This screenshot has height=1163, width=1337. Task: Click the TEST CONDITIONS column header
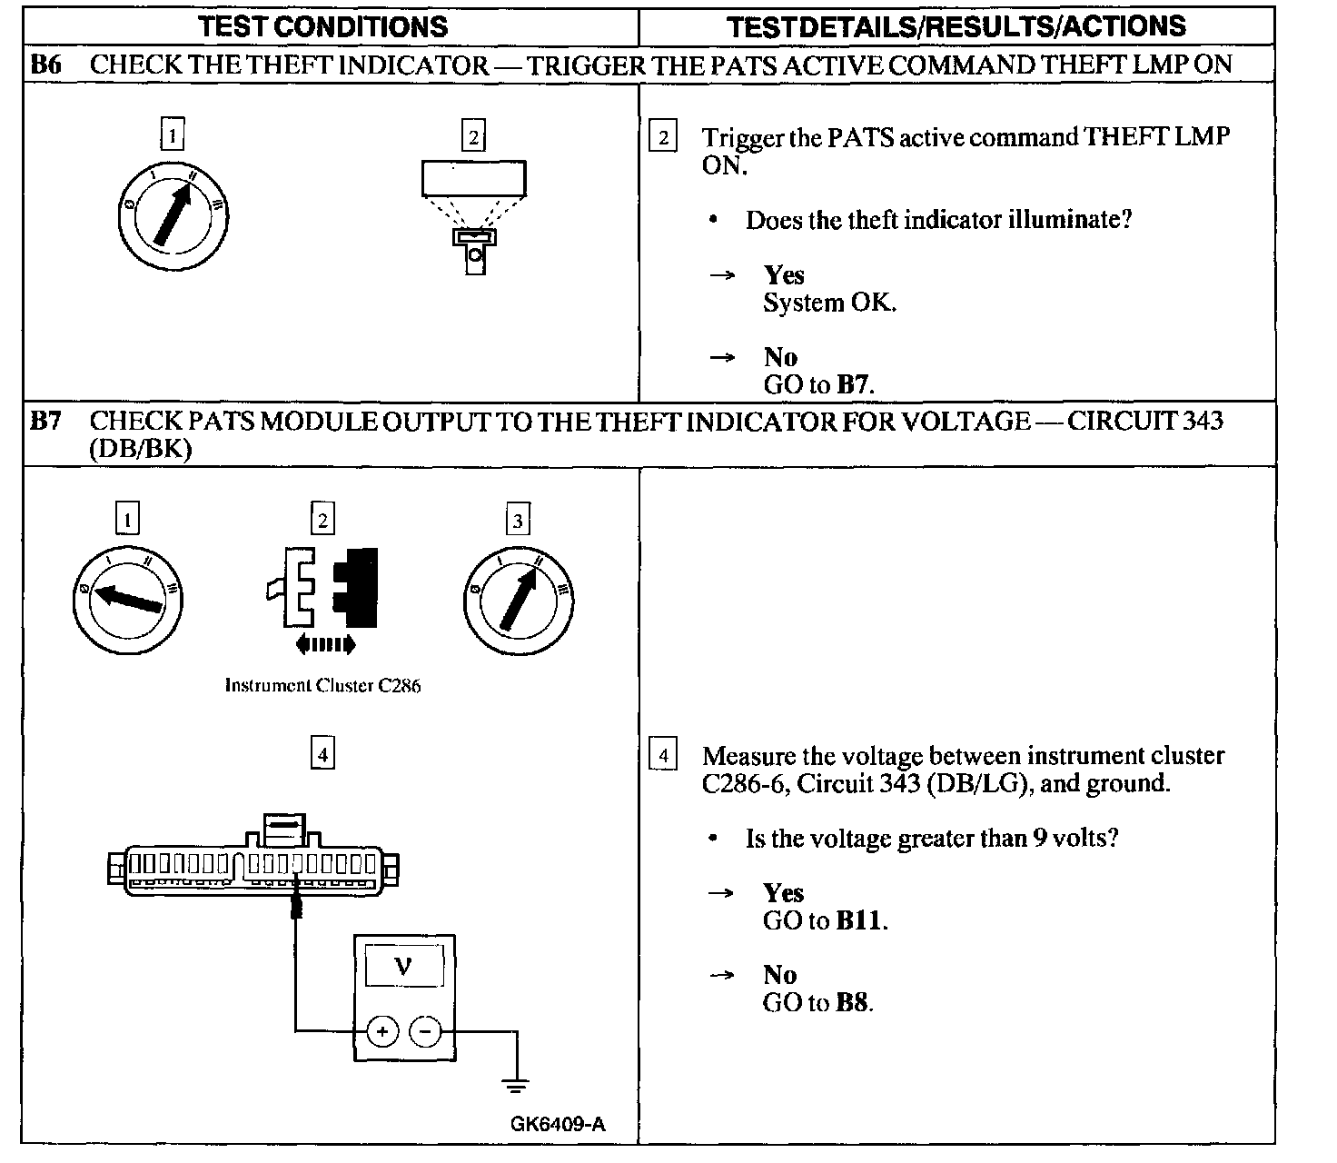coord(323,26)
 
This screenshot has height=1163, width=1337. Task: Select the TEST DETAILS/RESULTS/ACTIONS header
coord(956,26)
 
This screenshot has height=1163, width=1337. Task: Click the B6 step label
coord(46,65)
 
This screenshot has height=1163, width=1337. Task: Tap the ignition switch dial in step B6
coord(173,216)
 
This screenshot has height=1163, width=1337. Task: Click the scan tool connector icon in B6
coord(474,217)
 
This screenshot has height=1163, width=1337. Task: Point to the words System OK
coord(829,303)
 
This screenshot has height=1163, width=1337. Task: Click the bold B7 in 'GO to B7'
coord(854,384)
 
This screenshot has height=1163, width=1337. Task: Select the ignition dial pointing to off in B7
coord(128,599)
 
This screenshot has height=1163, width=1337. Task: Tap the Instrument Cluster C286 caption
coord(322,686)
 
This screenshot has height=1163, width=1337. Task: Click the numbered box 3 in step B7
coord(517,521)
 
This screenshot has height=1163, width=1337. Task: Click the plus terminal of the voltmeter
coord(382,1031)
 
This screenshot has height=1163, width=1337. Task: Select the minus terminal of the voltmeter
coord(425,1031)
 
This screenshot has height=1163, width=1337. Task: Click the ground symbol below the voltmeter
coord(517,1085)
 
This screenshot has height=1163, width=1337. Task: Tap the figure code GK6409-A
coord(558,1124)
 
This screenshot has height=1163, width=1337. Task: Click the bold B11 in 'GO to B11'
coord(858,920)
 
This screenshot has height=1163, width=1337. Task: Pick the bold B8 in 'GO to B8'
coord(852,1002)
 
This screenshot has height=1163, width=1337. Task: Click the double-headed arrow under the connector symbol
coord(324,645)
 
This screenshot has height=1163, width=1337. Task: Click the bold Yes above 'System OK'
coord(784,275)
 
